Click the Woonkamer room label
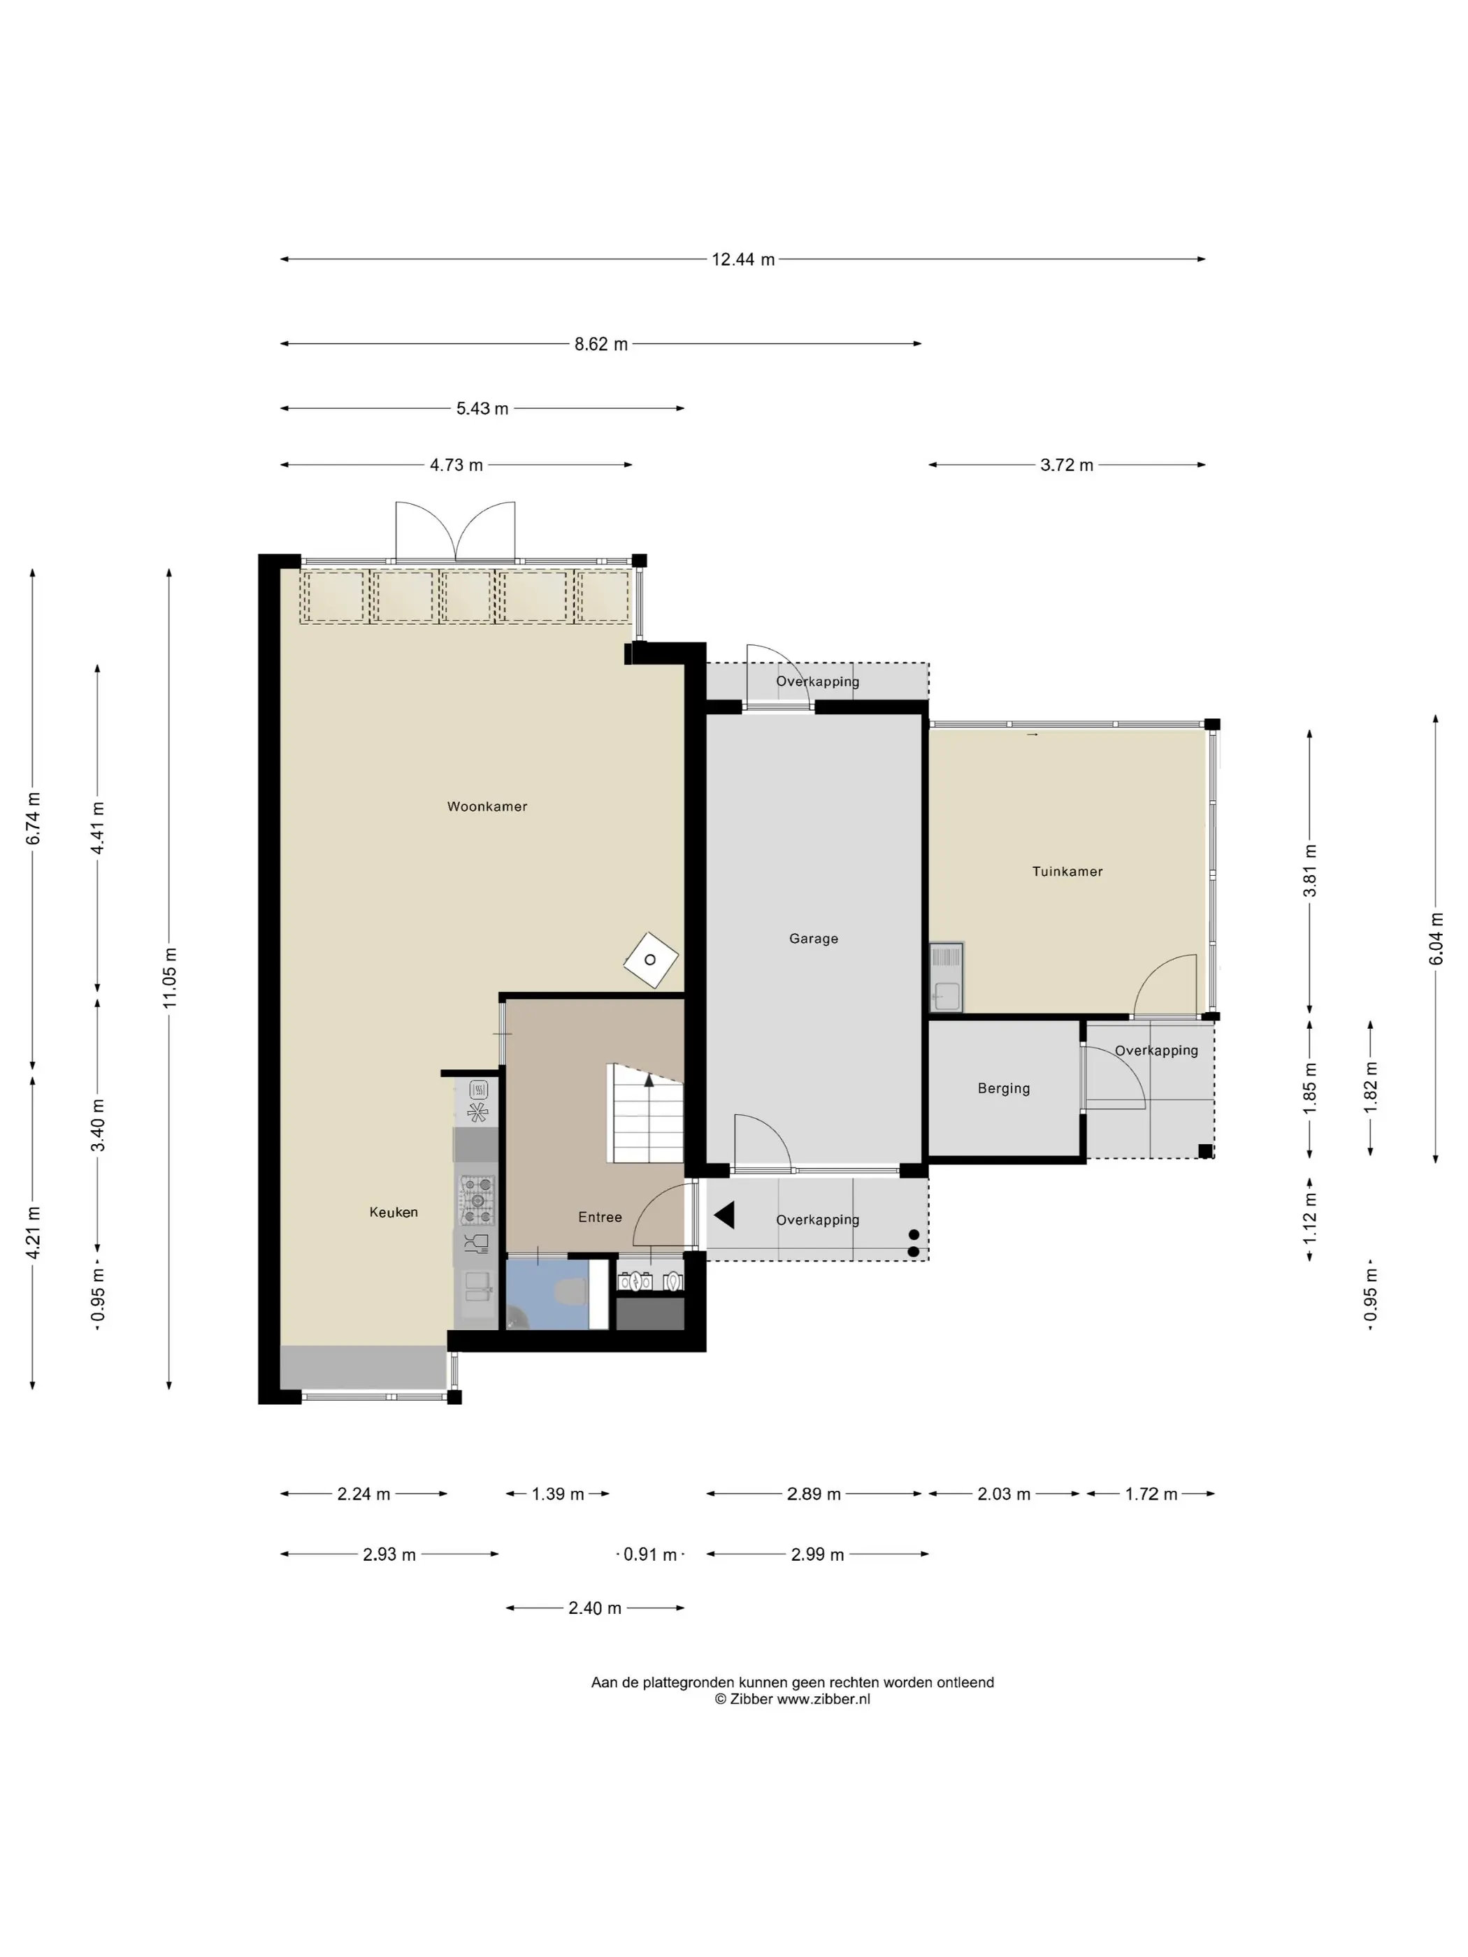click(x=487, y=806)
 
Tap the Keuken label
click(x=394, y=1212)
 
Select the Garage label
click(x=813, y=939)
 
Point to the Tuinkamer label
click(x=1067, y=872)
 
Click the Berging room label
click(x=1003, y=1088)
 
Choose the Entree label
click(x=600, y=1218)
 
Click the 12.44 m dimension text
click(x=743, y=259)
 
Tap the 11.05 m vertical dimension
click(x=170, y=978)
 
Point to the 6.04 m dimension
click(x=1436, y=939)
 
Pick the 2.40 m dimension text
click(x=595, y=1608)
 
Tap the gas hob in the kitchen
click(x=477, y=1199)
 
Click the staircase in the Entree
click(x=646, y=1113)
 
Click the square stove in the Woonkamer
click(x=652, y=960)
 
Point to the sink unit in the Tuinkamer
click(x=946, y=976)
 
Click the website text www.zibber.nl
click(x=823, y=1698)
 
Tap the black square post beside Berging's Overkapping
click(x=1205, y=1151)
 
